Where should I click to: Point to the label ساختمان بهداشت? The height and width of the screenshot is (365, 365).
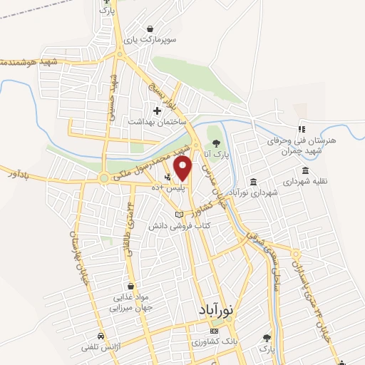152,121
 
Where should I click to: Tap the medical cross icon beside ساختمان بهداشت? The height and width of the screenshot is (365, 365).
157,110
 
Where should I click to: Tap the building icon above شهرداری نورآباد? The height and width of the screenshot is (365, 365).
255,181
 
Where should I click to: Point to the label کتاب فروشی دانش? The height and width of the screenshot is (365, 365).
173,225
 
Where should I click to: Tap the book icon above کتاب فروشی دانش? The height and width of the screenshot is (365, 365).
179,215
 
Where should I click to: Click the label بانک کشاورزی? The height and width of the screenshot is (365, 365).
213,344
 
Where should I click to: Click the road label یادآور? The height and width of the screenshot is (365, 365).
14,171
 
